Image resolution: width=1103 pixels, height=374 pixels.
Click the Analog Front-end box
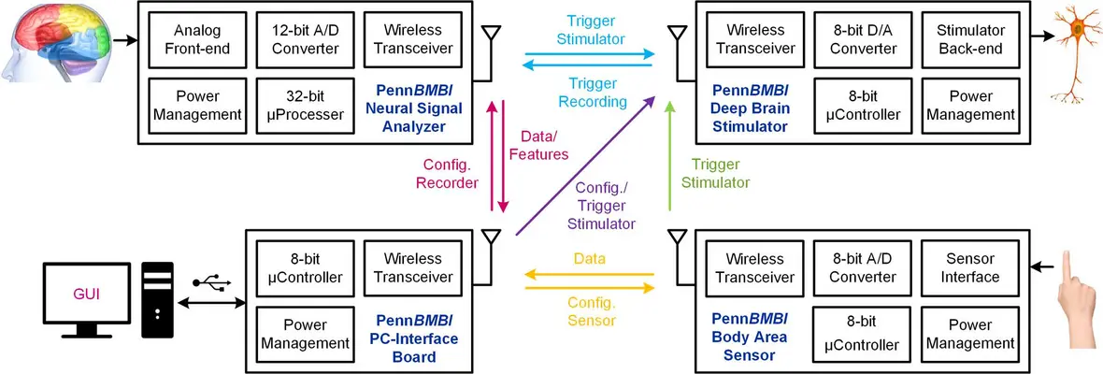(x=196, y=39)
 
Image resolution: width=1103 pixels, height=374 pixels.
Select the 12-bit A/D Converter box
(x=305, y=39)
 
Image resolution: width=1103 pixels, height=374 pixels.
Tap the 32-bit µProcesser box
(x=305, y=104)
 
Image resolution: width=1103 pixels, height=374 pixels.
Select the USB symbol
(x=210, y=282)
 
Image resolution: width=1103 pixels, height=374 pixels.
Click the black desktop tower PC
(x=158, y=299)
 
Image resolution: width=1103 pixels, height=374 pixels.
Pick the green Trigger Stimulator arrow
(x=669, y=156)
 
